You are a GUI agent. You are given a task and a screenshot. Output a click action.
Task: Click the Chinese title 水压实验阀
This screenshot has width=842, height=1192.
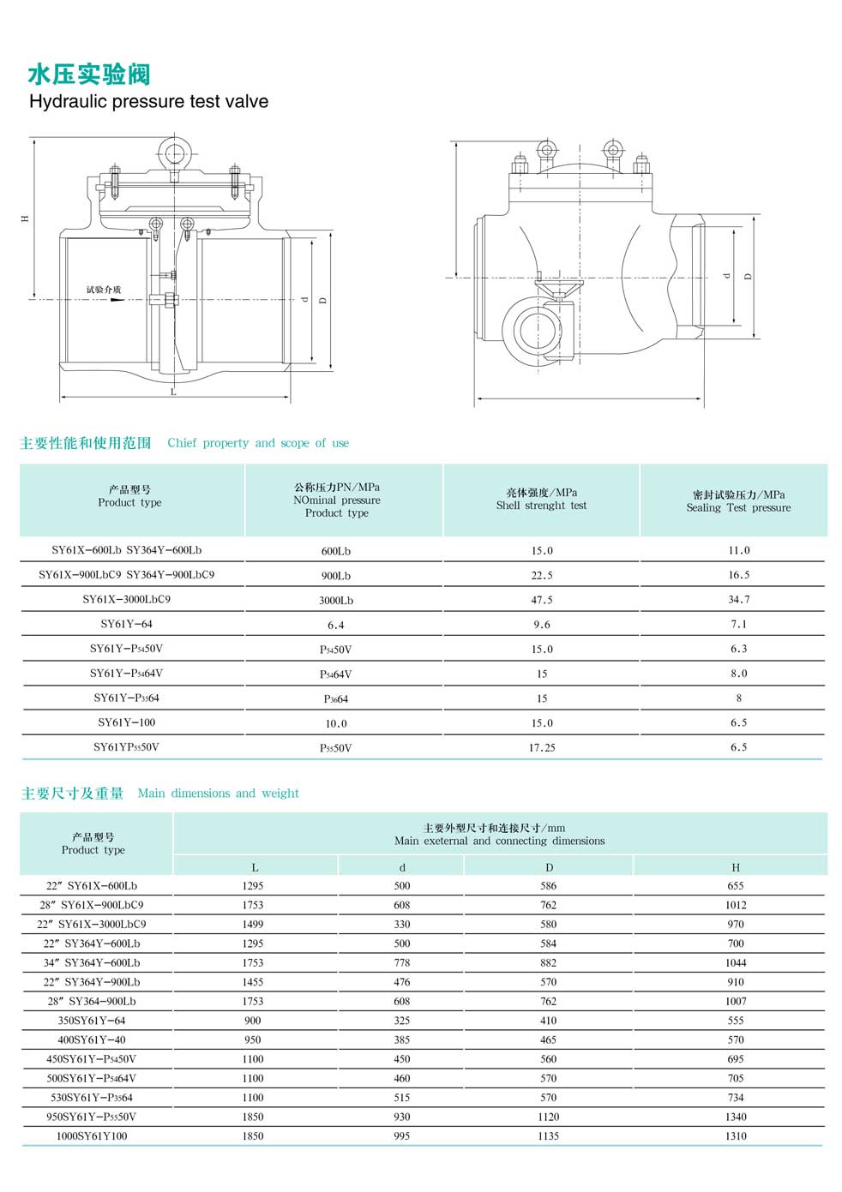[89, 75]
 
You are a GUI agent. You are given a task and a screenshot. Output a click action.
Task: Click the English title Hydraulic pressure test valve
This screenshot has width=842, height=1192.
[148, 102]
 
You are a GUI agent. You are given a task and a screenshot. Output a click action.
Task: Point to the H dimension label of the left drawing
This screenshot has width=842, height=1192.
[25, 219]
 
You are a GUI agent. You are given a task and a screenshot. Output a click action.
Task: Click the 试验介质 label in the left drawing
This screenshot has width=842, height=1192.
[104, 290]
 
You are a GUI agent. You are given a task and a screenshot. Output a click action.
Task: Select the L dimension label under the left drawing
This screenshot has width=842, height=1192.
[174, 392]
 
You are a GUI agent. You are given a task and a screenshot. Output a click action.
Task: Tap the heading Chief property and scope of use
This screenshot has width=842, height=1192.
[258, 443]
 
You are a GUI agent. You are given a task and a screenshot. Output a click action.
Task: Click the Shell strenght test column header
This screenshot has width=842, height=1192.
[541, 500]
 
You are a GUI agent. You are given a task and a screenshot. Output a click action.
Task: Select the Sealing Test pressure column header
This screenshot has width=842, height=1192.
[738, 501]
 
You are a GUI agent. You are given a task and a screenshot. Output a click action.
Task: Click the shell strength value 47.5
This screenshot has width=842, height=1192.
[542, 600]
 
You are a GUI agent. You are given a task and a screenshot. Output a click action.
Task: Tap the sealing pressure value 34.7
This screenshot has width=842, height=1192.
[738, 600]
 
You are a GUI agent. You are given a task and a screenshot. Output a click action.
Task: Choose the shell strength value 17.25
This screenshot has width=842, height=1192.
[542, 748]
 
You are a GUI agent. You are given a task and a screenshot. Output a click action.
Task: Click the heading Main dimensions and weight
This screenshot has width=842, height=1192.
[218, 794]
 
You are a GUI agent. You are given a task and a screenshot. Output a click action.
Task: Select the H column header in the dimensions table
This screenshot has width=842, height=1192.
[736, 867]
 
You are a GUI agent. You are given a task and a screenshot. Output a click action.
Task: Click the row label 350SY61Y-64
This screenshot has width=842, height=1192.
[92, 1021]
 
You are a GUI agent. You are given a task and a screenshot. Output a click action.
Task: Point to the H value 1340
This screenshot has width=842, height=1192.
[736, 1117]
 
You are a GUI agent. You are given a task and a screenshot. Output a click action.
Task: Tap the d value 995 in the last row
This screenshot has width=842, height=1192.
[402, 1136]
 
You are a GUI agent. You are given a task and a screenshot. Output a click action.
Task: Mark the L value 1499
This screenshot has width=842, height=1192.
[253, 925]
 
